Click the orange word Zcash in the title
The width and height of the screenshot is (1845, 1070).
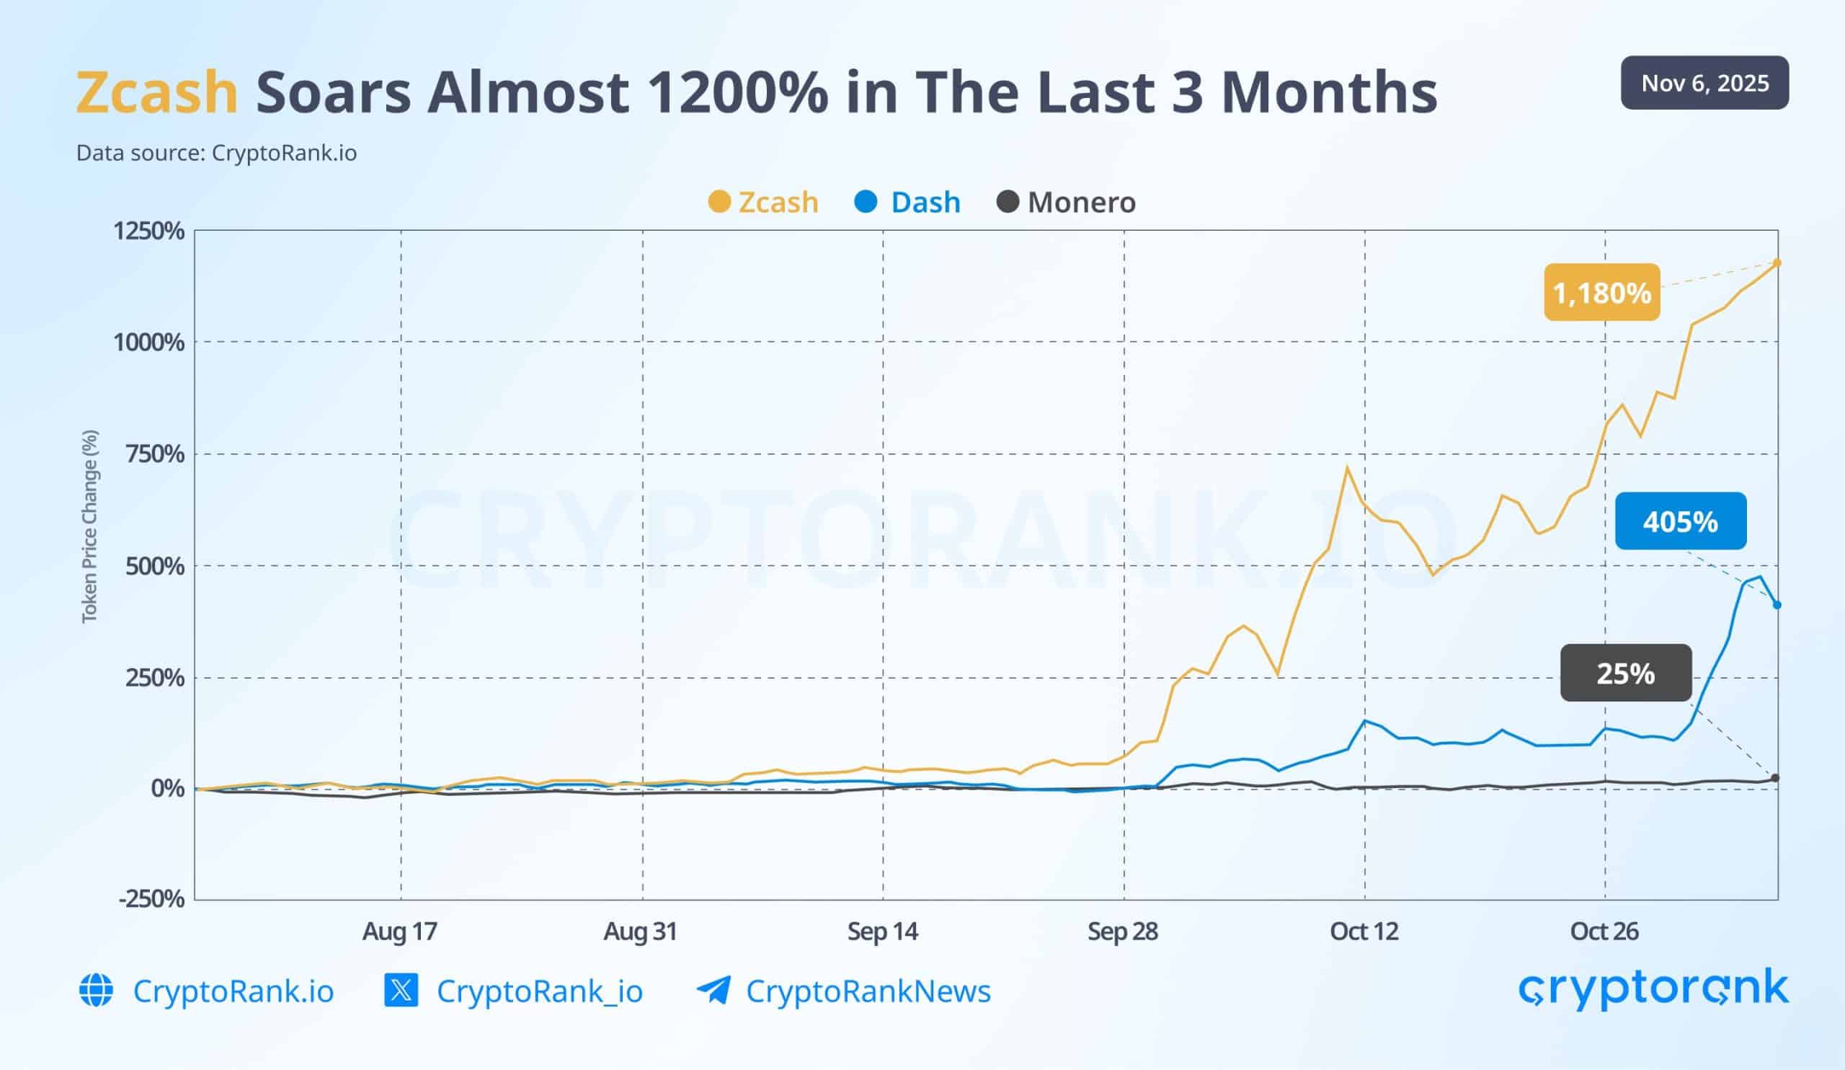click(156, 92)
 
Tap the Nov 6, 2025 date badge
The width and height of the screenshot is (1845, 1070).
click(1704, 83)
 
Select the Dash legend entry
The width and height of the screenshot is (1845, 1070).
click(908, 202)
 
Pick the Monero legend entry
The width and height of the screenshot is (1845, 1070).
click(1067, 202)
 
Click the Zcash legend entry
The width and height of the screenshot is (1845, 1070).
click(764, 202)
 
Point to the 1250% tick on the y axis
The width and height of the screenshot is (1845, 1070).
click(148, 231)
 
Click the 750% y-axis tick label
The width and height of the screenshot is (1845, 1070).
click(154, 454)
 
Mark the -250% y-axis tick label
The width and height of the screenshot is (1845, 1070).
click(151, 898)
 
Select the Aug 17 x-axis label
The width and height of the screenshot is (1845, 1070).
click(400, 932)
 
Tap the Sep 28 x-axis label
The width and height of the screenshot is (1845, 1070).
click(1122, 932)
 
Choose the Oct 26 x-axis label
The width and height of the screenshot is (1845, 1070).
click(1604, 932)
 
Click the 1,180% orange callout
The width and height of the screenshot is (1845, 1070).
click(1602, 293)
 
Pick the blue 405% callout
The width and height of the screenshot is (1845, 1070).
click(1680, 521)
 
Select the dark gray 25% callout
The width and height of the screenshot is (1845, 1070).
click(1626, 673)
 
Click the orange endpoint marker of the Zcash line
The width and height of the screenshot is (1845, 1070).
click(1777, 263)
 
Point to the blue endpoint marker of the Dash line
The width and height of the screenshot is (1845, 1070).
click(1777, 605)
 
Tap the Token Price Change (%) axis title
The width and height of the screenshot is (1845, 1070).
click(89, 526)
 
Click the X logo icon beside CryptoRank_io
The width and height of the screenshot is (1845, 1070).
click(401, 991)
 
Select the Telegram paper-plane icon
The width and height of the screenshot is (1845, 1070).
click(713, 991)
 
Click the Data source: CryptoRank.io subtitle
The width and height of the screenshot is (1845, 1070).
click(217, 153)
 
